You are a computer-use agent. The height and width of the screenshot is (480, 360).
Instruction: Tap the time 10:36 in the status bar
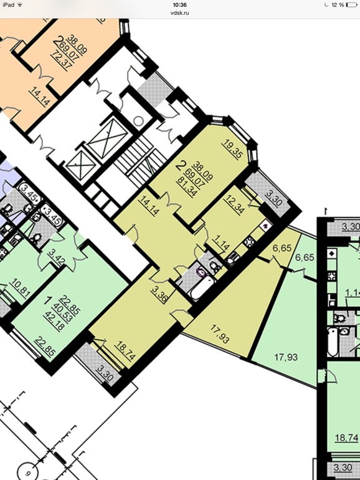(x=179, y=5)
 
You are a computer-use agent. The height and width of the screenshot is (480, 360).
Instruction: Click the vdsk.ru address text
(x=179, y=13)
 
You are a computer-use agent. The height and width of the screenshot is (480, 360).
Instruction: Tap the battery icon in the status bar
(x=351, y=5)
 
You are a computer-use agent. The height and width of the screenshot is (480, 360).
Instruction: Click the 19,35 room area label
(x=234, y=149)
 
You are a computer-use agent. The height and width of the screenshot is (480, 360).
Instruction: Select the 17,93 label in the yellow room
(x=220, y=334)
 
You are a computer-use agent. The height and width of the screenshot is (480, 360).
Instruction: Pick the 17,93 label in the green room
(x=287, y=357)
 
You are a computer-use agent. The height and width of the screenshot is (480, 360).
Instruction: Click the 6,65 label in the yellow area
(x=282, y=247)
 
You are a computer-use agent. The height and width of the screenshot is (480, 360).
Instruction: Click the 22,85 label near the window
(x=45, y=346)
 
